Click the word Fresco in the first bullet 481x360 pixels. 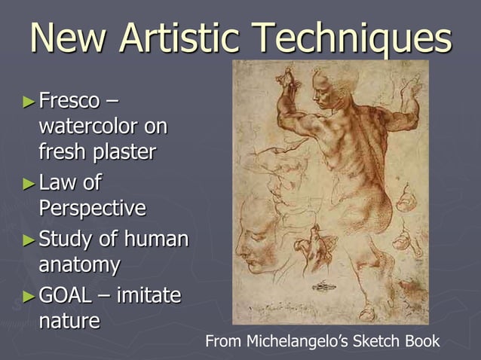[72, 99]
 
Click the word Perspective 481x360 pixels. [92, 207]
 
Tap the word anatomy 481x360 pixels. [79, 264]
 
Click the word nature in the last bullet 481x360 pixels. [69, 321]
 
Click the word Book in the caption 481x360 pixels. [422, 342]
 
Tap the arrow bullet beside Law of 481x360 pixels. [29, 183]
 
